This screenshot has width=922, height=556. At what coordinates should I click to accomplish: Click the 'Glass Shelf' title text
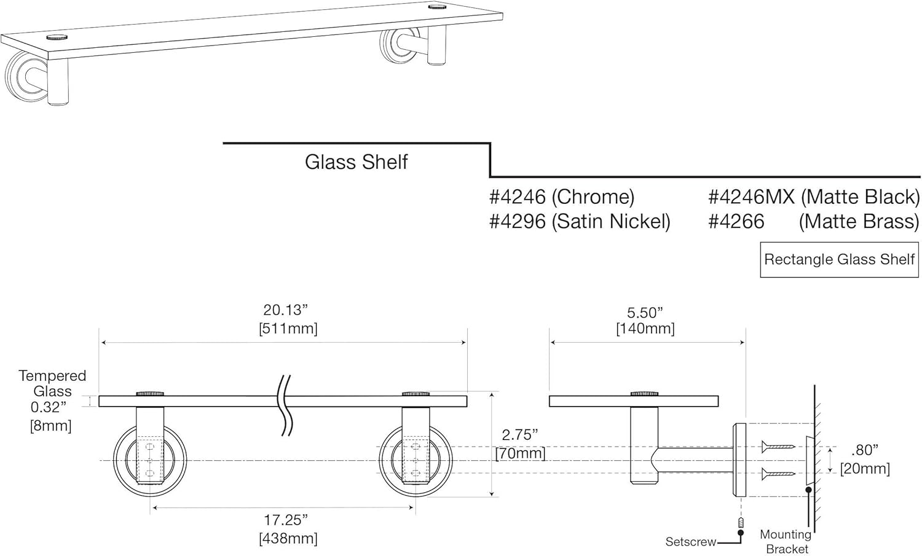point(356,162)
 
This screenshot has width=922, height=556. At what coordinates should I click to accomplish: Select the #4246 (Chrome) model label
point(561,197)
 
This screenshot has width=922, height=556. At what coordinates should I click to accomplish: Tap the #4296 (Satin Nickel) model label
point(579,221)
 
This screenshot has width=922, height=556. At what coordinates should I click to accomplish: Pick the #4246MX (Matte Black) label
point(813,197)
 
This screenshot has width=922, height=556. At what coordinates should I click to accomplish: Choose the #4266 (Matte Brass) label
point(813,221)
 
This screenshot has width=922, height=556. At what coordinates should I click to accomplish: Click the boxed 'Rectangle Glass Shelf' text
point(839,259)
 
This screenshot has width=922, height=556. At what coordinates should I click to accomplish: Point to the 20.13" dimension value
point(285,310)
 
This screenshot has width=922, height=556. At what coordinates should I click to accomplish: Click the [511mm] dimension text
point(288,329)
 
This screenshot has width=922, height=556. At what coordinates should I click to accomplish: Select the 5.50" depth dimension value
point(645,313)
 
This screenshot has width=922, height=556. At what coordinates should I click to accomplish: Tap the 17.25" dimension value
point(286,520)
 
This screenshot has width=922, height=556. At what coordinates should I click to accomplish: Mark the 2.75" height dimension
point(519,435)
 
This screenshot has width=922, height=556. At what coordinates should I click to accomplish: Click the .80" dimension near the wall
point(865,450)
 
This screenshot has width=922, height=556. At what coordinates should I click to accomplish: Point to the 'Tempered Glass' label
point(52,383)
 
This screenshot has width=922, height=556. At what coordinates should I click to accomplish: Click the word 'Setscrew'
point(691,542)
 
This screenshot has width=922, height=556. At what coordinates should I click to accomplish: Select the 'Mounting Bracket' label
point(786,541)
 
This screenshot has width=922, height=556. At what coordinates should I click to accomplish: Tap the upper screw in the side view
point(778,447)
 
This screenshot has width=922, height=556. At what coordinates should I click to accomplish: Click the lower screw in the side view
point(778,474)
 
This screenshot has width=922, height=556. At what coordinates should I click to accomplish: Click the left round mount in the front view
point(149,460)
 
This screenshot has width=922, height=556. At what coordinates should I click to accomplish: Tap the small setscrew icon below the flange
point(741,523)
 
